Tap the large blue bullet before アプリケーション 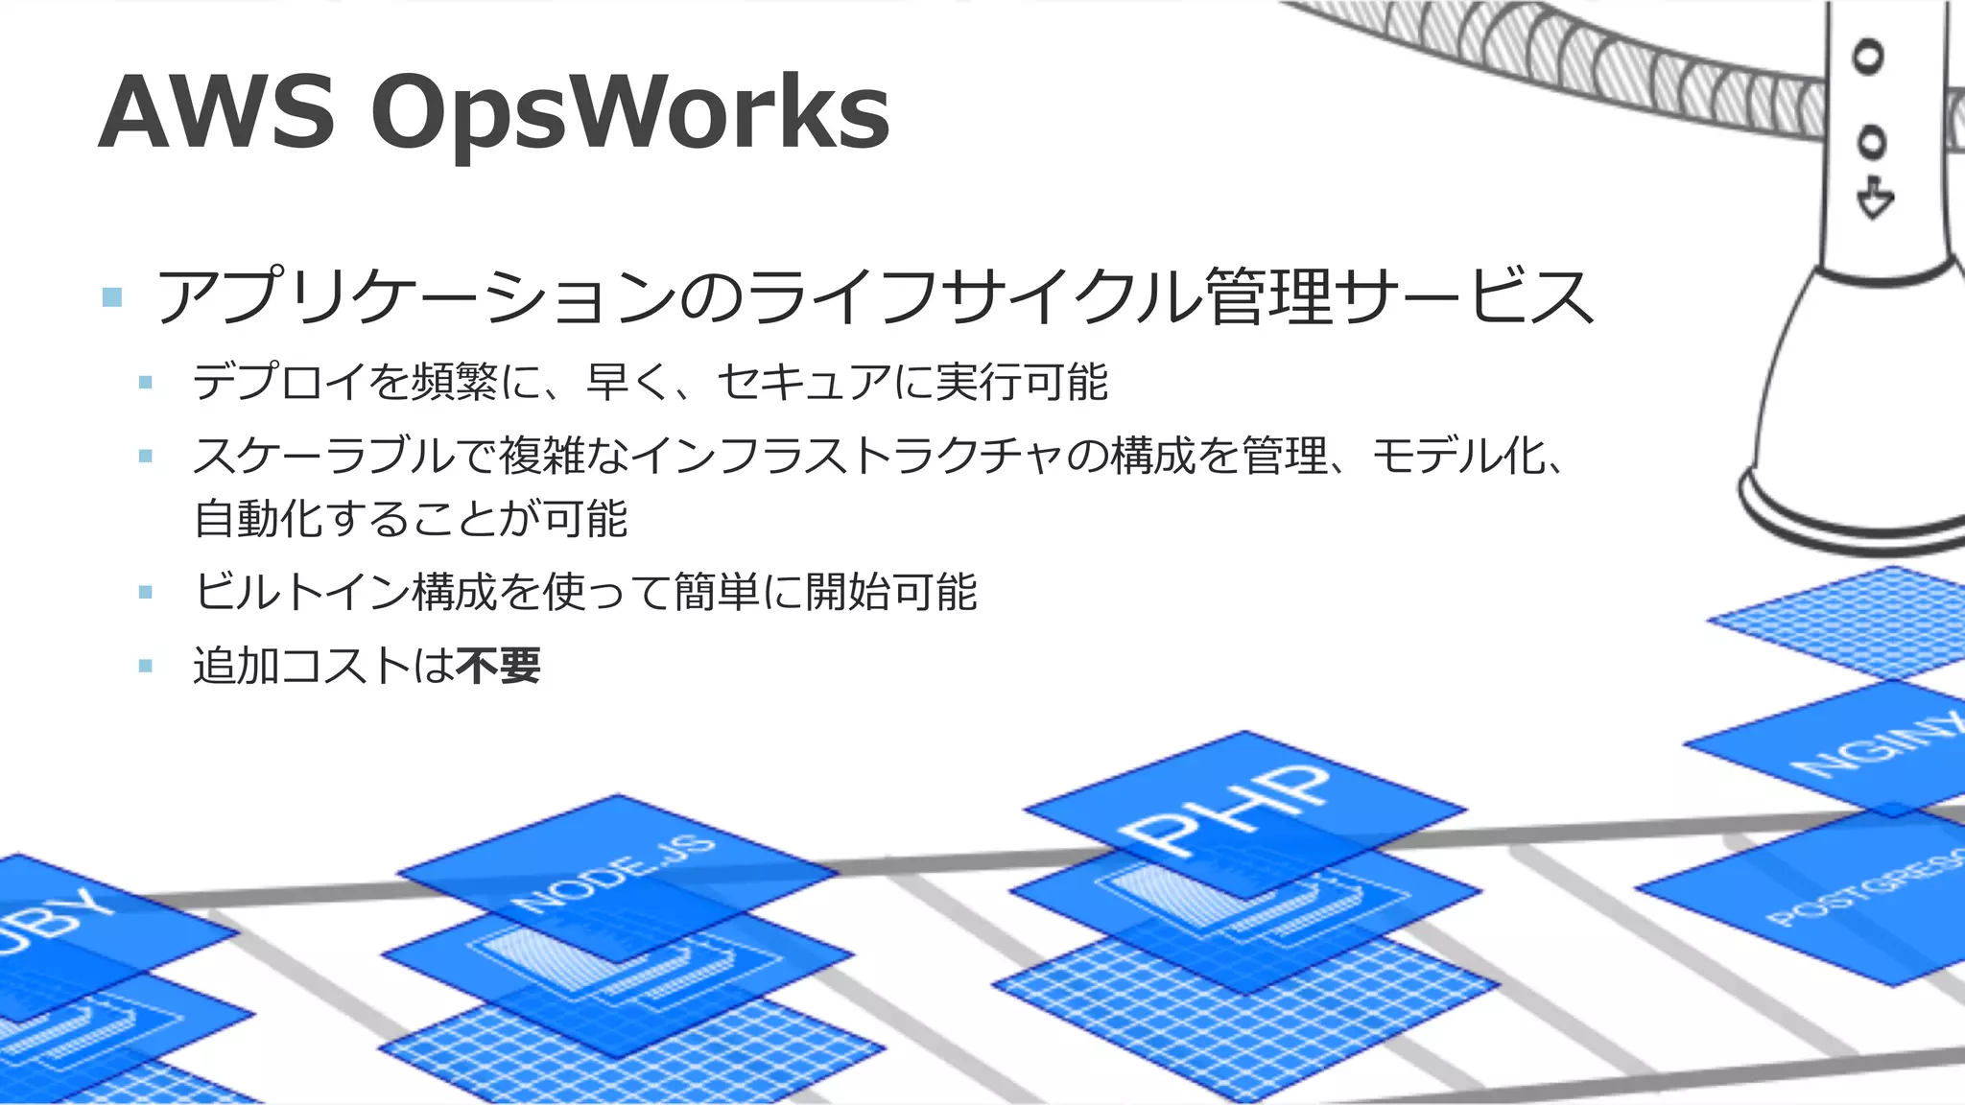tap(112, 296)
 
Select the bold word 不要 tap(499, 666)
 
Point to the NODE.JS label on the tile tap(615, 873)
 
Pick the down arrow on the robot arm tap(1874, 199)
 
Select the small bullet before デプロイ tap(146, 383)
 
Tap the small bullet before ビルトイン tap(146, 592)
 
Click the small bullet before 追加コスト tap(146, 666)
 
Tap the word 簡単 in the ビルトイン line tap(717, 592)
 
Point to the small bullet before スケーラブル tap(146, 456)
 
